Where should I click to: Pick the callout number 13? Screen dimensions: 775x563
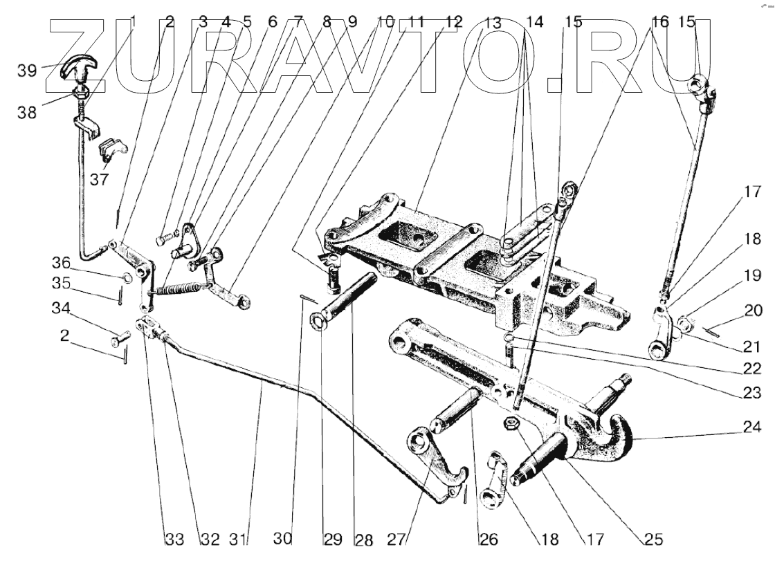492,22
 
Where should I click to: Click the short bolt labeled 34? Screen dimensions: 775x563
121,339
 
